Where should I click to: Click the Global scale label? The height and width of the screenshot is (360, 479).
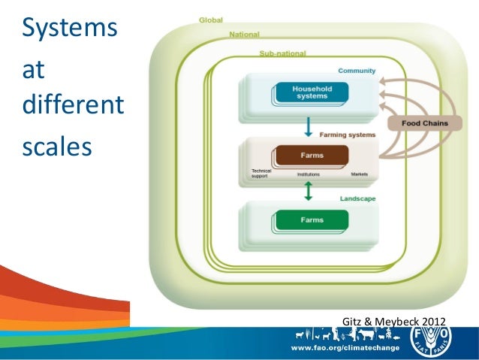tap(210, 20)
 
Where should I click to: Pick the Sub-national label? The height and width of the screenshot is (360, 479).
tap(282, 53)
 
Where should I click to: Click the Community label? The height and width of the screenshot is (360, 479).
tap(357, 71)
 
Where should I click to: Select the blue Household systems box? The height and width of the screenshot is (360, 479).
tap(312, 92)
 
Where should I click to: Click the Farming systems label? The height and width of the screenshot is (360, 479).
tap(348, 135)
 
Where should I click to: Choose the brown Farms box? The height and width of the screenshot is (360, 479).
tap(310, 156)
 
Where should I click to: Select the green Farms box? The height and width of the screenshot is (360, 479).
tap(312, 220)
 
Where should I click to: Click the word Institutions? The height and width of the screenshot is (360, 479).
tap(309, 174)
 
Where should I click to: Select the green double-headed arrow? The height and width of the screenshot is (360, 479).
tap(308, 192)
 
